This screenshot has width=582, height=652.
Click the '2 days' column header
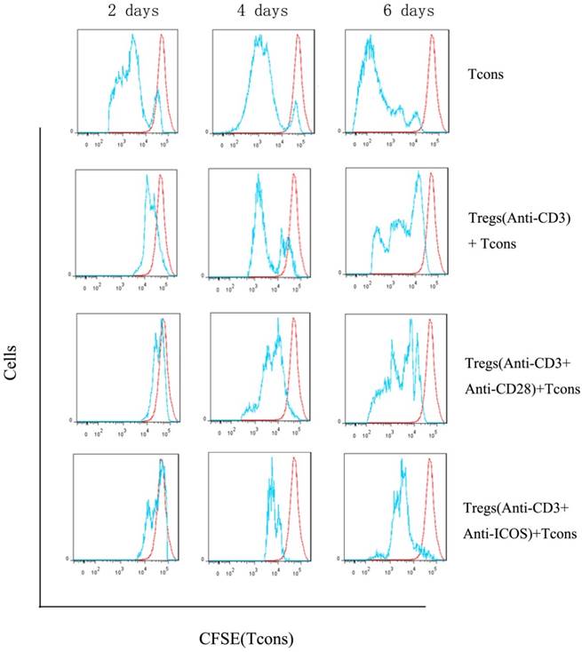(x=123, y=12)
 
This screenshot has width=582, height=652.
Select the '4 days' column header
(x=258, y=12)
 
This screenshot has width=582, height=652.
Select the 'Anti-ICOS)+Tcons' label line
(x=520, y=533)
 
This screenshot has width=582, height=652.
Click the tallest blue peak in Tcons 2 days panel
(x=132, y=36)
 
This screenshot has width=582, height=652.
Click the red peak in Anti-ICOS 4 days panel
(x=296, y=461)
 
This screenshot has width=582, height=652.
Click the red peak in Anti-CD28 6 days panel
(x=430, y=322)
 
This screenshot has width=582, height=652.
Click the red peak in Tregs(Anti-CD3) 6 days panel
(x=430, y=174)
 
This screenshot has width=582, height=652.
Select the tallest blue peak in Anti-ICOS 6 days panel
(x=402, y=461)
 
